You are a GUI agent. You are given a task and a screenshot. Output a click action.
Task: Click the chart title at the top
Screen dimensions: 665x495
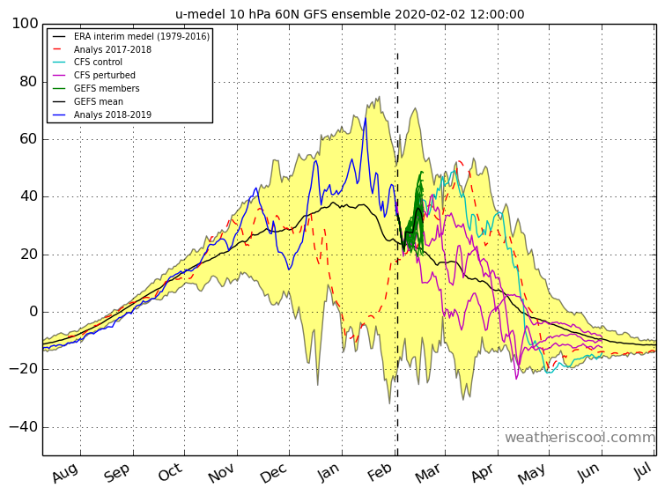point(350,14)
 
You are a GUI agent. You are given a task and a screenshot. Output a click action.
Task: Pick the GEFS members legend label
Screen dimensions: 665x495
point(107,88)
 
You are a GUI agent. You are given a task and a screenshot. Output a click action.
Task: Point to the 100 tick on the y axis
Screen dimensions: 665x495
point(25,23)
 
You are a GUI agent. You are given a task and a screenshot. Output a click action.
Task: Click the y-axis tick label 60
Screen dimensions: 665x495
point(29,138)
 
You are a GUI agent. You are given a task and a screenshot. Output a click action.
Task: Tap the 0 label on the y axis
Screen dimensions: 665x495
point(34,312)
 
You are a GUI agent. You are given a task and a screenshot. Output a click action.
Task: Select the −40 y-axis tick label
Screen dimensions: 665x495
point(24,426)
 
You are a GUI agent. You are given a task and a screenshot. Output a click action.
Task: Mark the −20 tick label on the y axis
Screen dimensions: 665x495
point(24,369)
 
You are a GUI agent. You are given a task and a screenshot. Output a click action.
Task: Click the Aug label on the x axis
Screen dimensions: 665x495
point(65,472)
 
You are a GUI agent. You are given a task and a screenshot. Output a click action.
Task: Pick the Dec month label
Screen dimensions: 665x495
point(274,473)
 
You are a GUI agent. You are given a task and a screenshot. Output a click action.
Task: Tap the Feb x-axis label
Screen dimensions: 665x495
point(380,472)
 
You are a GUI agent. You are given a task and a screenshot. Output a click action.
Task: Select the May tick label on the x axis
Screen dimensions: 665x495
point(531,473)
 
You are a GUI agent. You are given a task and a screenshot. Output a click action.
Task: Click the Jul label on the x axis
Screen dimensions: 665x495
point(643,470)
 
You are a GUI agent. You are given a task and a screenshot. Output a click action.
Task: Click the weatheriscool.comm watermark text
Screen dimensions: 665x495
point(580,437)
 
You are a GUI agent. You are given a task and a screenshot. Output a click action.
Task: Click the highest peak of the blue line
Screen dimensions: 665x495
point(366,118)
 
